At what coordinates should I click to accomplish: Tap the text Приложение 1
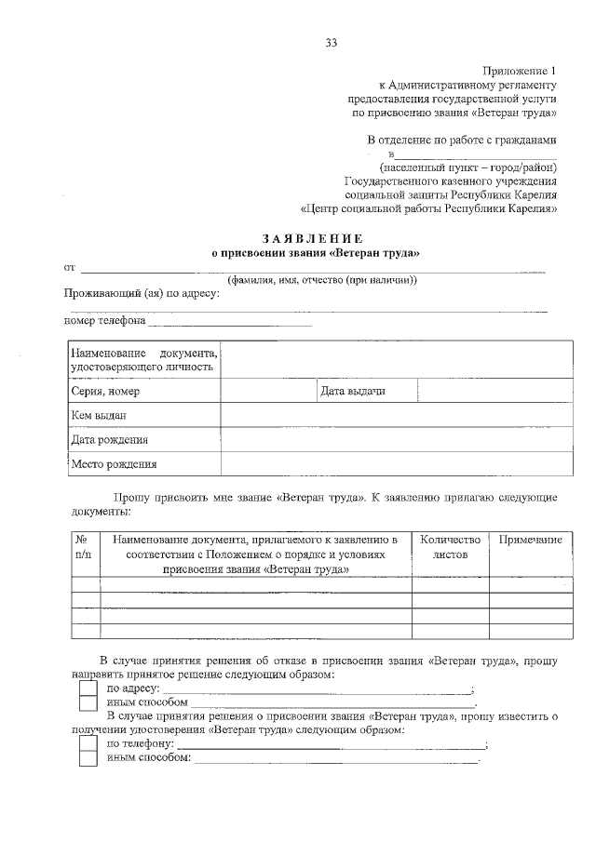520,71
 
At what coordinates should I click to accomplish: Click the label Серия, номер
105,392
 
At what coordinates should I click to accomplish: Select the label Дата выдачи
353,392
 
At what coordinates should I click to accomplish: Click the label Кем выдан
98,416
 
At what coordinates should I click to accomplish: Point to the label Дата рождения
109,440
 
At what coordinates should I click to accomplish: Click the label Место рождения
114,463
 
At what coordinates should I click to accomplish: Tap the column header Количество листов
450,547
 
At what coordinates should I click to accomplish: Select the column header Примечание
530,541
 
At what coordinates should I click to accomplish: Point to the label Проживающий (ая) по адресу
142,294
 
